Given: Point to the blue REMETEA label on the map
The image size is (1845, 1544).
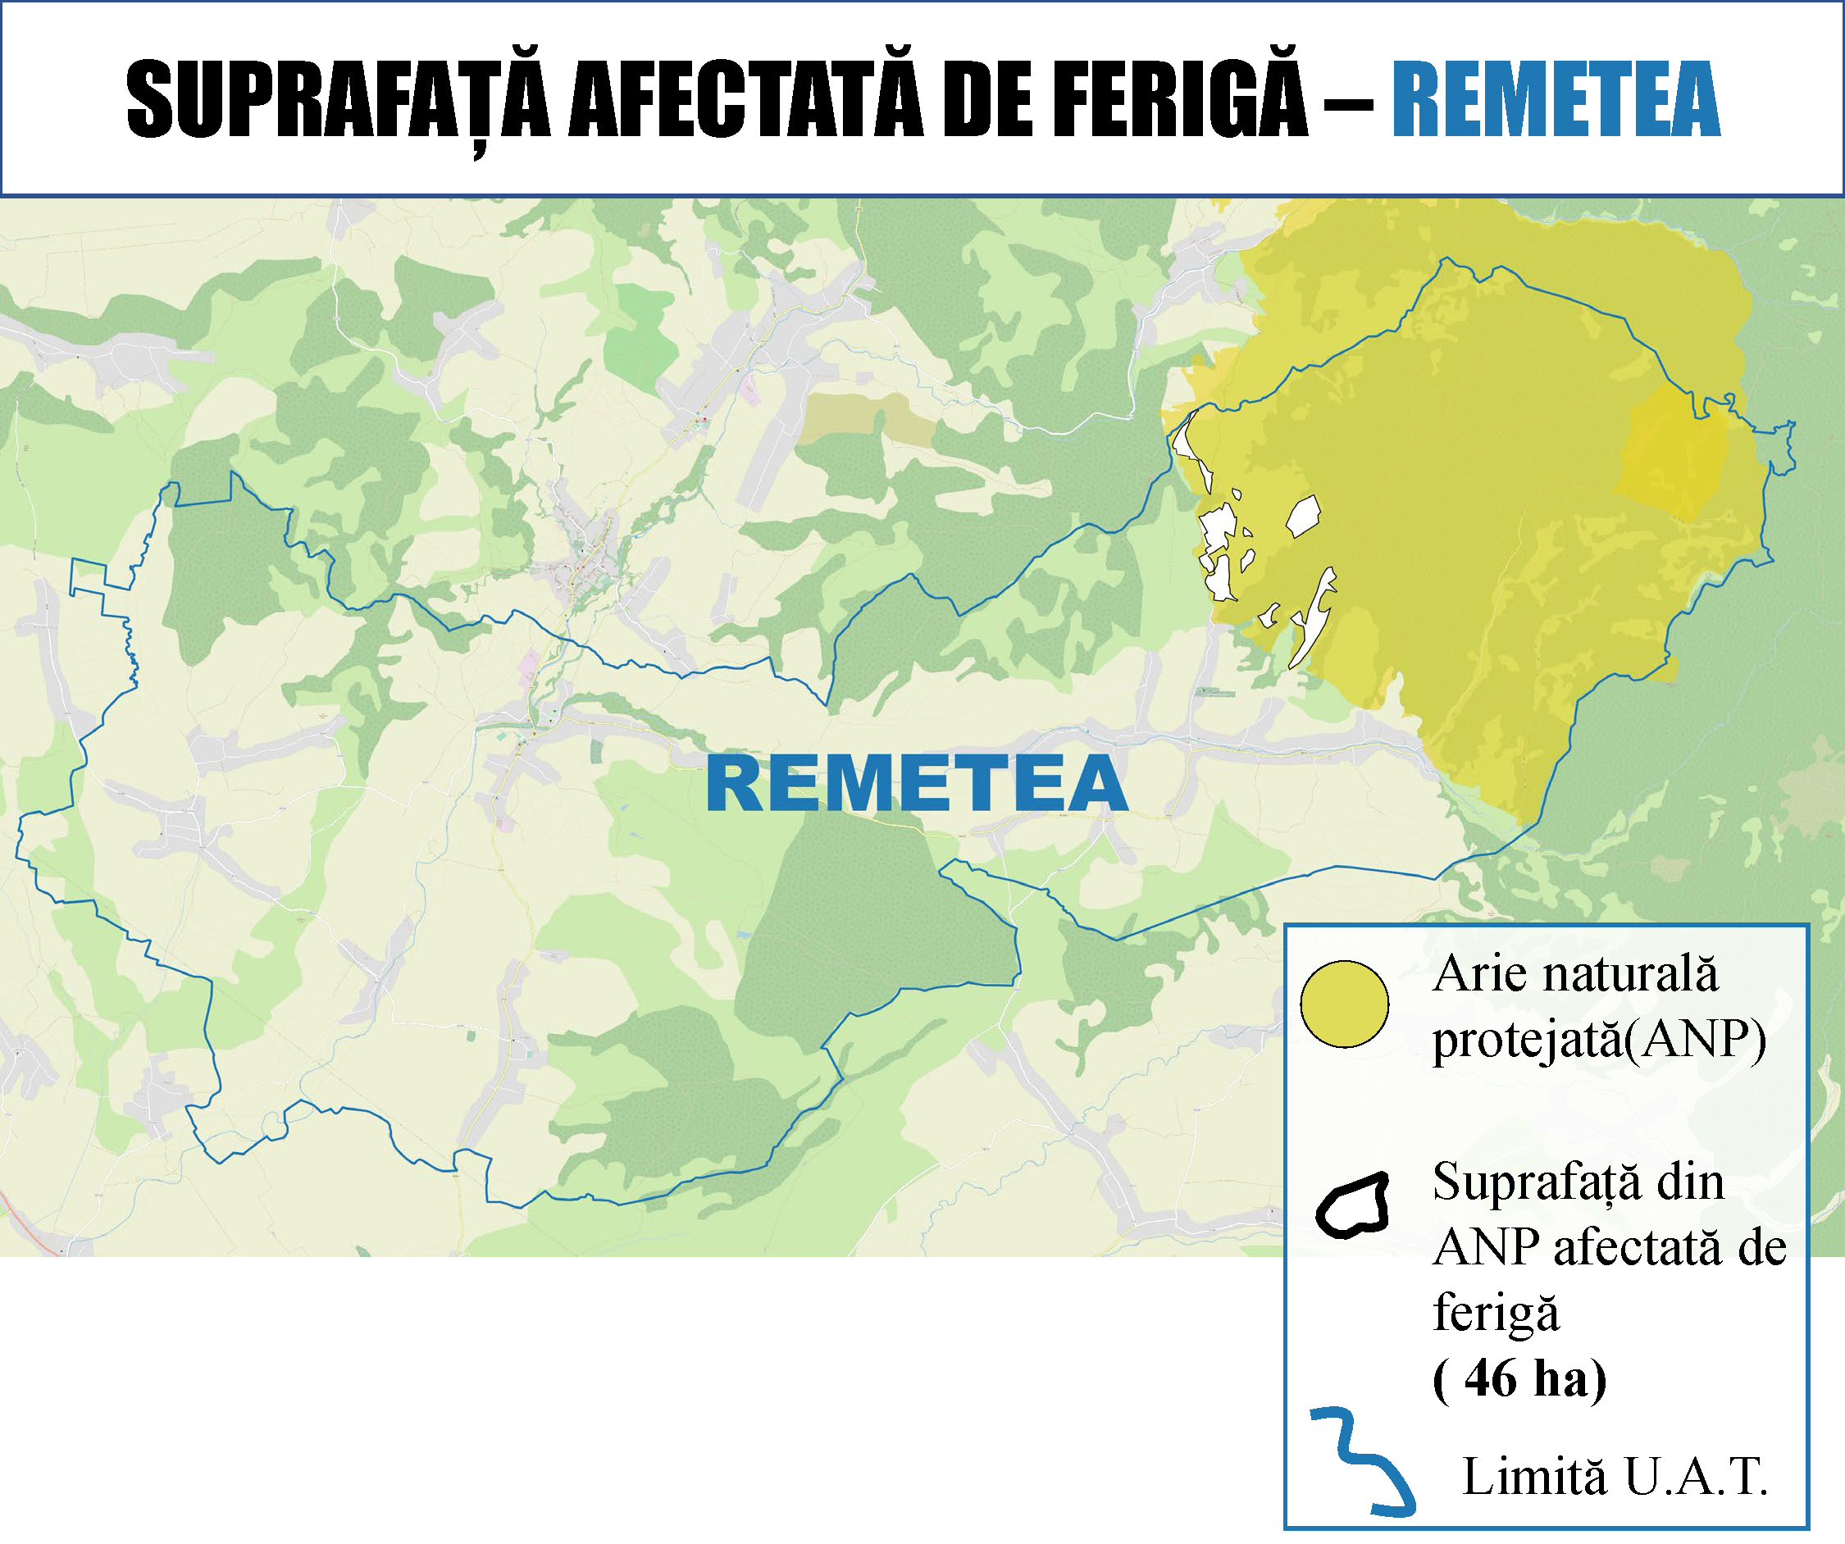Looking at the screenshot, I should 917,784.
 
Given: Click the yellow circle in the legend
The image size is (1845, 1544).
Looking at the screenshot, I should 1344,1004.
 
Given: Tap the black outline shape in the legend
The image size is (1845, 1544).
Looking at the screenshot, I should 1353,1205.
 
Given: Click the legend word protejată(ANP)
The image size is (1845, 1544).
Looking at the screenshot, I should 1599,1040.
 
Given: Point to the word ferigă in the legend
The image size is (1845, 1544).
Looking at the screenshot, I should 1496,1313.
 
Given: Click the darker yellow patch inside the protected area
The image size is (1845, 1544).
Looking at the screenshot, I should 1674,457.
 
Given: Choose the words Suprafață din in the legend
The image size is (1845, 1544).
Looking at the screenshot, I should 1578,1182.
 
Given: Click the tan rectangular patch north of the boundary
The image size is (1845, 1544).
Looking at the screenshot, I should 865,417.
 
